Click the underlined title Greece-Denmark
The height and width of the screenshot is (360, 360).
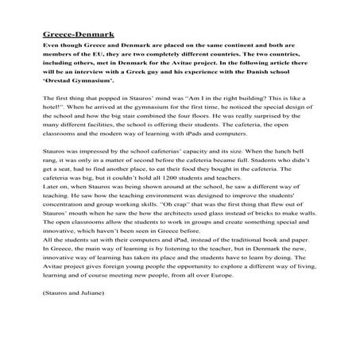tap(79, 36)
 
